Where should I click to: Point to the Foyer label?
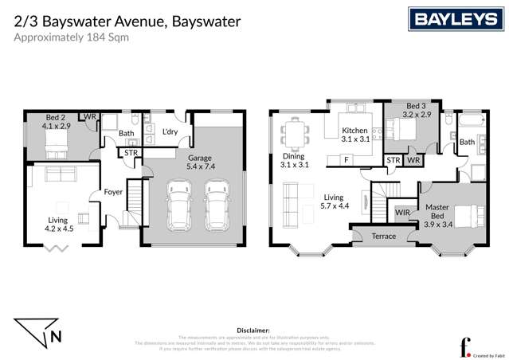coord(113,192)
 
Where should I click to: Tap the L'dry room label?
coord(169,132)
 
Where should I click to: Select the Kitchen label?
coord(354,131)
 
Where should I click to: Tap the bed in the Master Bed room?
coord(465,215)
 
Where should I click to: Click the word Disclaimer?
coord(254,328)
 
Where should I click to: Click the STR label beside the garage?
coord(130,152)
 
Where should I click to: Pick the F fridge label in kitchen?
coord(346,160)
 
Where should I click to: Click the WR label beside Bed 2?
coord(89,117)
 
